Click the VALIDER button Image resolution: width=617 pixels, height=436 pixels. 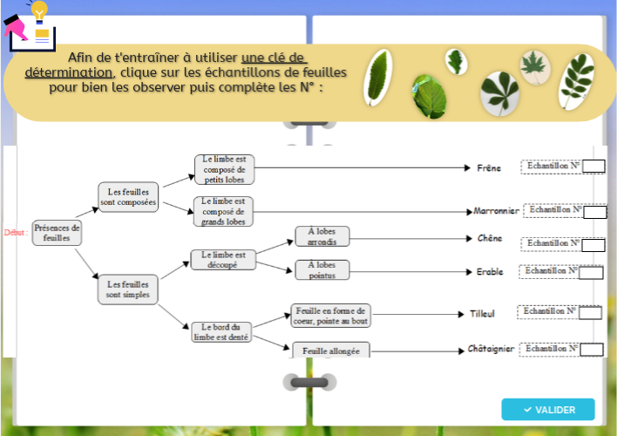click(x=548, y=409)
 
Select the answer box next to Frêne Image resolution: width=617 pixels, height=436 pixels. click(x=593, y=167)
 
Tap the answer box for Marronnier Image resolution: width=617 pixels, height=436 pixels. click(x=594, y=211)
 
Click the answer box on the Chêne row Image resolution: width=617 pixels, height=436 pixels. click(x=593, y=245)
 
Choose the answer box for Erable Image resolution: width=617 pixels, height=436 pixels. click(x=592, y=272)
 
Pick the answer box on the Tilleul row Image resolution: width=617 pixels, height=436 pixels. click(x=590, y=313)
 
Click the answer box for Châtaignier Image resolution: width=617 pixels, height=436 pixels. click(x=592, y=350)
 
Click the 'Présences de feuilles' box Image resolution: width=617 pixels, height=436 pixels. click(x=57, y=233)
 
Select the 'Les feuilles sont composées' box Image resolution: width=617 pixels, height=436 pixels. click(x=128, y=197)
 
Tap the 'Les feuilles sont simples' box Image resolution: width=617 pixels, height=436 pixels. click(x=128, y=289)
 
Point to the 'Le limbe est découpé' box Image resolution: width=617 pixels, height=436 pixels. click(x=223, y=260)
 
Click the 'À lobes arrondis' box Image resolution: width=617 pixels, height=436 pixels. click(x=322, y=236)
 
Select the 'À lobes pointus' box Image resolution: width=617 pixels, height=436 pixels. click(x=322, y=269)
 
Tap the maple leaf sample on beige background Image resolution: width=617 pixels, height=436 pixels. click(x=532, y=65)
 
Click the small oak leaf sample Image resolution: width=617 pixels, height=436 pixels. click(x=455, y=60)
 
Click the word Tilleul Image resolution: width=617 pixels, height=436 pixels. click(x=482, y=313)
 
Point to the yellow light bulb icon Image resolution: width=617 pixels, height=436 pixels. click(x=39, y=11)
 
